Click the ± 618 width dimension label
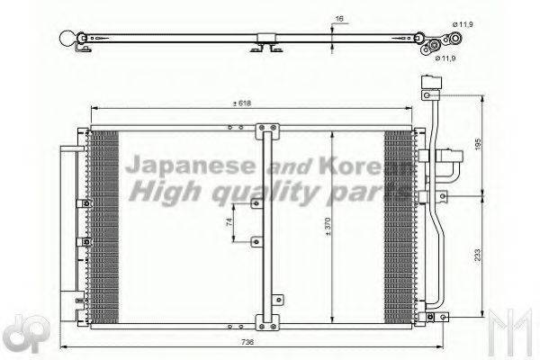coord(240,103)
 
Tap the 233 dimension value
coord(479,256)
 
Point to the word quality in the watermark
coord(261,192)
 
